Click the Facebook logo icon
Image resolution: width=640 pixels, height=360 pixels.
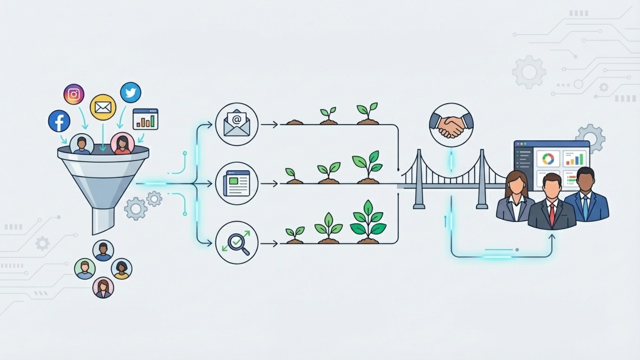tap(59, 121)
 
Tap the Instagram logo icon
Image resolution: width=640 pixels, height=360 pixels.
tap(74, 94)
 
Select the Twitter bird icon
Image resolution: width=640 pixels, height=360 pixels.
tap(131, 93)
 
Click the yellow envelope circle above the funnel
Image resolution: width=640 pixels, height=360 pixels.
tap(103, 107)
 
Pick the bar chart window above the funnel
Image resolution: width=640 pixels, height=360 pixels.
tap(145, 119)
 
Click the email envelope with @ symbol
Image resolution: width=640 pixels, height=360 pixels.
tap(237, 124)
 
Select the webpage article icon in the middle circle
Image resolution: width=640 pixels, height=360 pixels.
tap(237, 183)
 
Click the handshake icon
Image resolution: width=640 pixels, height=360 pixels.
tap(451, 125)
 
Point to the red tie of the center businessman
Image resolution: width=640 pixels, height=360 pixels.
tap(552, 214)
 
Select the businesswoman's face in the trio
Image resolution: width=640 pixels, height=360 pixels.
tap(516, 185)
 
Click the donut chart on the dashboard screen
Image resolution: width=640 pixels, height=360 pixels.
tap(548, 159)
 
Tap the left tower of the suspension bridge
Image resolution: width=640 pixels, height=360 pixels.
tap(419, 180)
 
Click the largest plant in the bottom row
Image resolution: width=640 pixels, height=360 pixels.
tap(368, 222)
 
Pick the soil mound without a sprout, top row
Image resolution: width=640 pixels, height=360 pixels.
tap(294, 122)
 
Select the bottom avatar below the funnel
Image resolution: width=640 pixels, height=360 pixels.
tap(103, 288)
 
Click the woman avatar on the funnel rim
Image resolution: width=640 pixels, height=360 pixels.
tap(122, 144)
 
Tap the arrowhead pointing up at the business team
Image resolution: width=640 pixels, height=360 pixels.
tap(552, 237)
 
